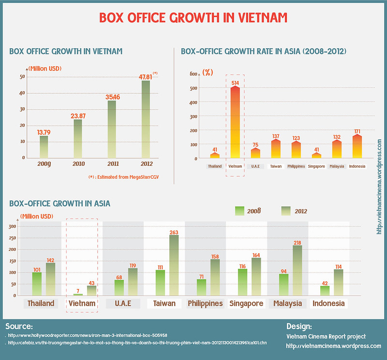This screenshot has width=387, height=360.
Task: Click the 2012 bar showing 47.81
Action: coord(146,119)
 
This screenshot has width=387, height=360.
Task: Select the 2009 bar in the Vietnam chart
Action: coord(44,146)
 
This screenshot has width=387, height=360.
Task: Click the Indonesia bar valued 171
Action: coord(357,146)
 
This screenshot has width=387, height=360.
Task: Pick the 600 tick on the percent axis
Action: coord(193,74)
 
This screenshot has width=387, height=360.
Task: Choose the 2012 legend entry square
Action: coord(286,210)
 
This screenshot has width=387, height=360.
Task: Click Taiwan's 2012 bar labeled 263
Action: coord(173,265)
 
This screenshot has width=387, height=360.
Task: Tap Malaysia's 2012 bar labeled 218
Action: coord(298,270)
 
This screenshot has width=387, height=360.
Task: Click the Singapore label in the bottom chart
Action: coord(246,304)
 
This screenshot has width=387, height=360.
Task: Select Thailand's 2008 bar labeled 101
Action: coord(37,284)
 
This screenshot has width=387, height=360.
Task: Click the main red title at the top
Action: coord(193,17)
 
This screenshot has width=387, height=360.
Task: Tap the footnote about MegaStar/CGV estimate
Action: coord(124,177)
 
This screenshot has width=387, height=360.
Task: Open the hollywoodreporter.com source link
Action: coord(88,335)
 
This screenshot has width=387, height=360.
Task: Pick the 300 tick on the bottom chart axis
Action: coord(13,226)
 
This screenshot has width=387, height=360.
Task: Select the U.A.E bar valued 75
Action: coord(256,153)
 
